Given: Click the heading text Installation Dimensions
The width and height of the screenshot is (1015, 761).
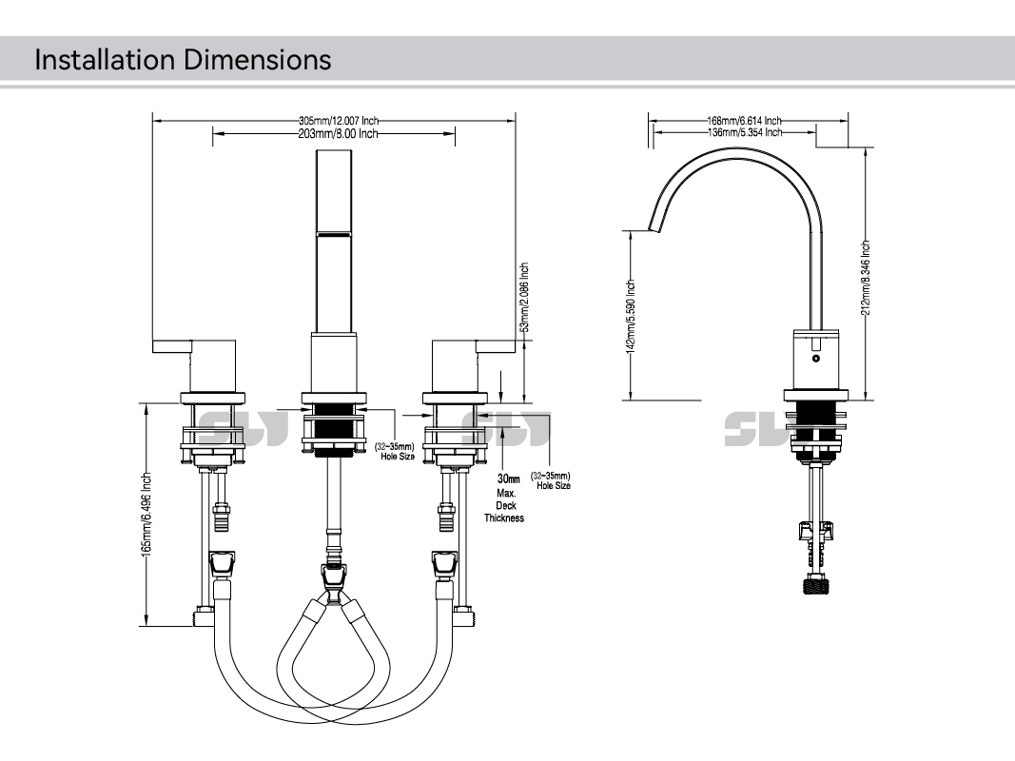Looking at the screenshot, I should (x=183, y=60).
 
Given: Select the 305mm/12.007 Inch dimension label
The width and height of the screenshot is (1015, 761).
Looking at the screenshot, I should (x=339, y=121).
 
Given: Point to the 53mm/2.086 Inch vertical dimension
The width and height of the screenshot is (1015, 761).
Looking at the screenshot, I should (x=524, y=298).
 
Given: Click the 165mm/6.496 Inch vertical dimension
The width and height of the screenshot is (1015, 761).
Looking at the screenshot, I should (x=146, y=516).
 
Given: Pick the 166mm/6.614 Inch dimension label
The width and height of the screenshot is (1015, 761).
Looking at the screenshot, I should (x=744, y=121).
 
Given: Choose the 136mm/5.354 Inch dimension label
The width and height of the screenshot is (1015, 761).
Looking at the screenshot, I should (x=744, y=132).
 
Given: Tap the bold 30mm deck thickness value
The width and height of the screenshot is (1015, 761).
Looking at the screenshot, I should (x=510, y=478).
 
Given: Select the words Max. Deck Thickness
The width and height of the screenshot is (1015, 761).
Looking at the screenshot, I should (x=504, y=506).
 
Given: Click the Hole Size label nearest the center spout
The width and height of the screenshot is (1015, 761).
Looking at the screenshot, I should (x=394, y=451).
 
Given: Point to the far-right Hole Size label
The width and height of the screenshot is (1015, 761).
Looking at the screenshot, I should (x=553, y=480).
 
